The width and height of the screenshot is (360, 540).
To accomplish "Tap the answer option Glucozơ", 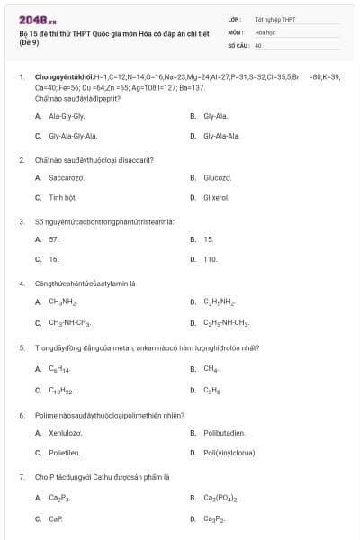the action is coord(217,177).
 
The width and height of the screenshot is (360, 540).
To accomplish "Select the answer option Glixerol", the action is coord(217,197).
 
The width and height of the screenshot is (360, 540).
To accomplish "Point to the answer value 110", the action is coord(211,258).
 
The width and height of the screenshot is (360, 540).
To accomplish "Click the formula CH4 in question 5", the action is coord(211,368).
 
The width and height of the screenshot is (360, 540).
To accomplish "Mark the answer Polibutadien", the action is coord(224,433).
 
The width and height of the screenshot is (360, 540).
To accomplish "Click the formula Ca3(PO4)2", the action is coord(221,498).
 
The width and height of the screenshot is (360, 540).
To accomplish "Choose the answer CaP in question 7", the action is coord(56,519).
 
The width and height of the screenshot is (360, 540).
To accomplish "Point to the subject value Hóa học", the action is coord(264,31).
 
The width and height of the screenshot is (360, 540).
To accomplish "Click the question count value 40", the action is coord(258,44).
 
